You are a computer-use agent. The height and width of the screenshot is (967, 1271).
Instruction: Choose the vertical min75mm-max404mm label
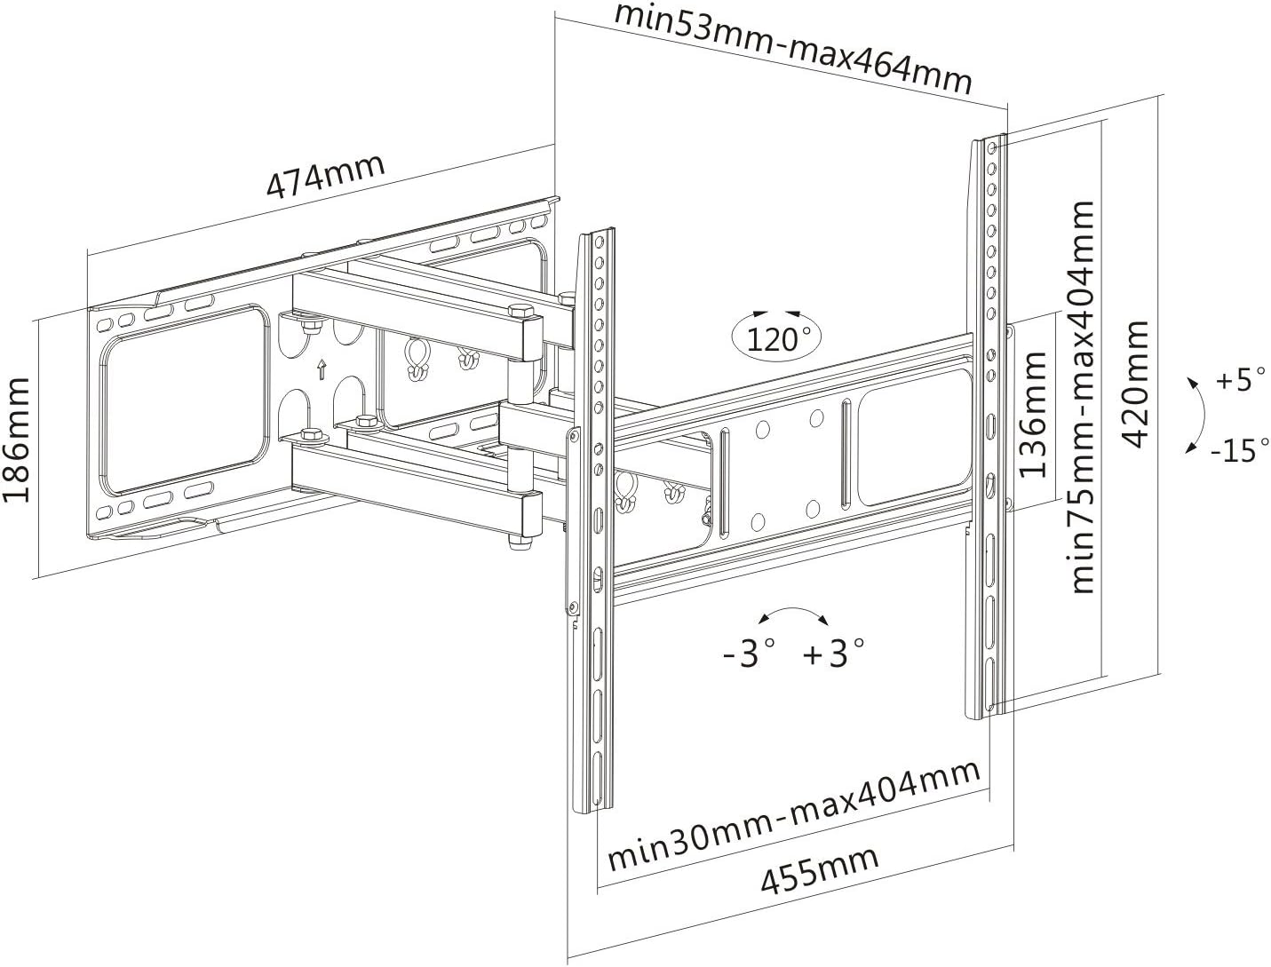coord(1082,397)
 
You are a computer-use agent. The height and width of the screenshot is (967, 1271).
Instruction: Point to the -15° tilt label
coord(1238,450)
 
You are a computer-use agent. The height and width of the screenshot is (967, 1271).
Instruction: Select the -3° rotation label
coord(750,654)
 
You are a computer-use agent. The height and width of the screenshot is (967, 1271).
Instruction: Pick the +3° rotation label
coord(834,654)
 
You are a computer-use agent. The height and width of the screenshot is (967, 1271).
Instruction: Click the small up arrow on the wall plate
coord(322,369)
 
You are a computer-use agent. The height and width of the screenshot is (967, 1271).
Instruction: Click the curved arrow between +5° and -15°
coord(1203,414)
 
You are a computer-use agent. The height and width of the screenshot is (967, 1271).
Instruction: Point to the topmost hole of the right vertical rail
coord(992,148)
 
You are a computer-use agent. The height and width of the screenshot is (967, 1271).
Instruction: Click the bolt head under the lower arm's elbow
coord(519,543)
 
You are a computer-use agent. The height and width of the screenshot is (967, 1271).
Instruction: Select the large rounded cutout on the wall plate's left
coord(187,400)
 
